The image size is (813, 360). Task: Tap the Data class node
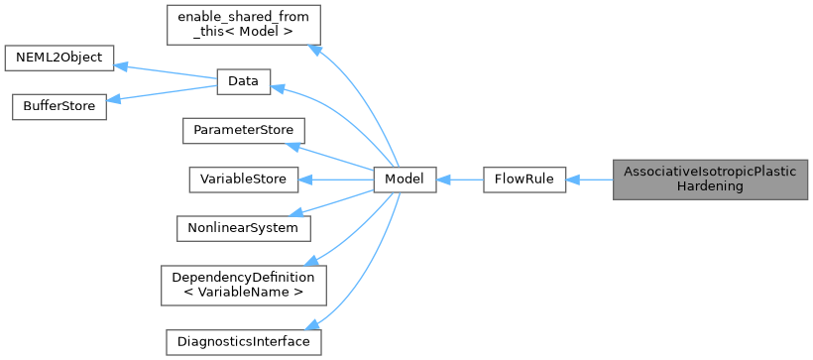point(243,83)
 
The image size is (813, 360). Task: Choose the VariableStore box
point(243,180)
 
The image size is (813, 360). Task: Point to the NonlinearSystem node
point(243,227)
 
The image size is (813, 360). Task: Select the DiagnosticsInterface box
point(243,341)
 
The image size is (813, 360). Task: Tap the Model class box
point(405,180)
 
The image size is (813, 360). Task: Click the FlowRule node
point(523,180)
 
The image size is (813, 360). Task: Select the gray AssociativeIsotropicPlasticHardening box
point(710,180)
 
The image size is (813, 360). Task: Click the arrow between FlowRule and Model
point(459,180)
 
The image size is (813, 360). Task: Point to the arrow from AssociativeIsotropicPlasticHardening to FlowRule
point(589,180)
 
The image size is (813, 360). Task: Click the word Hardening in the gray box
point(710,186)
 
